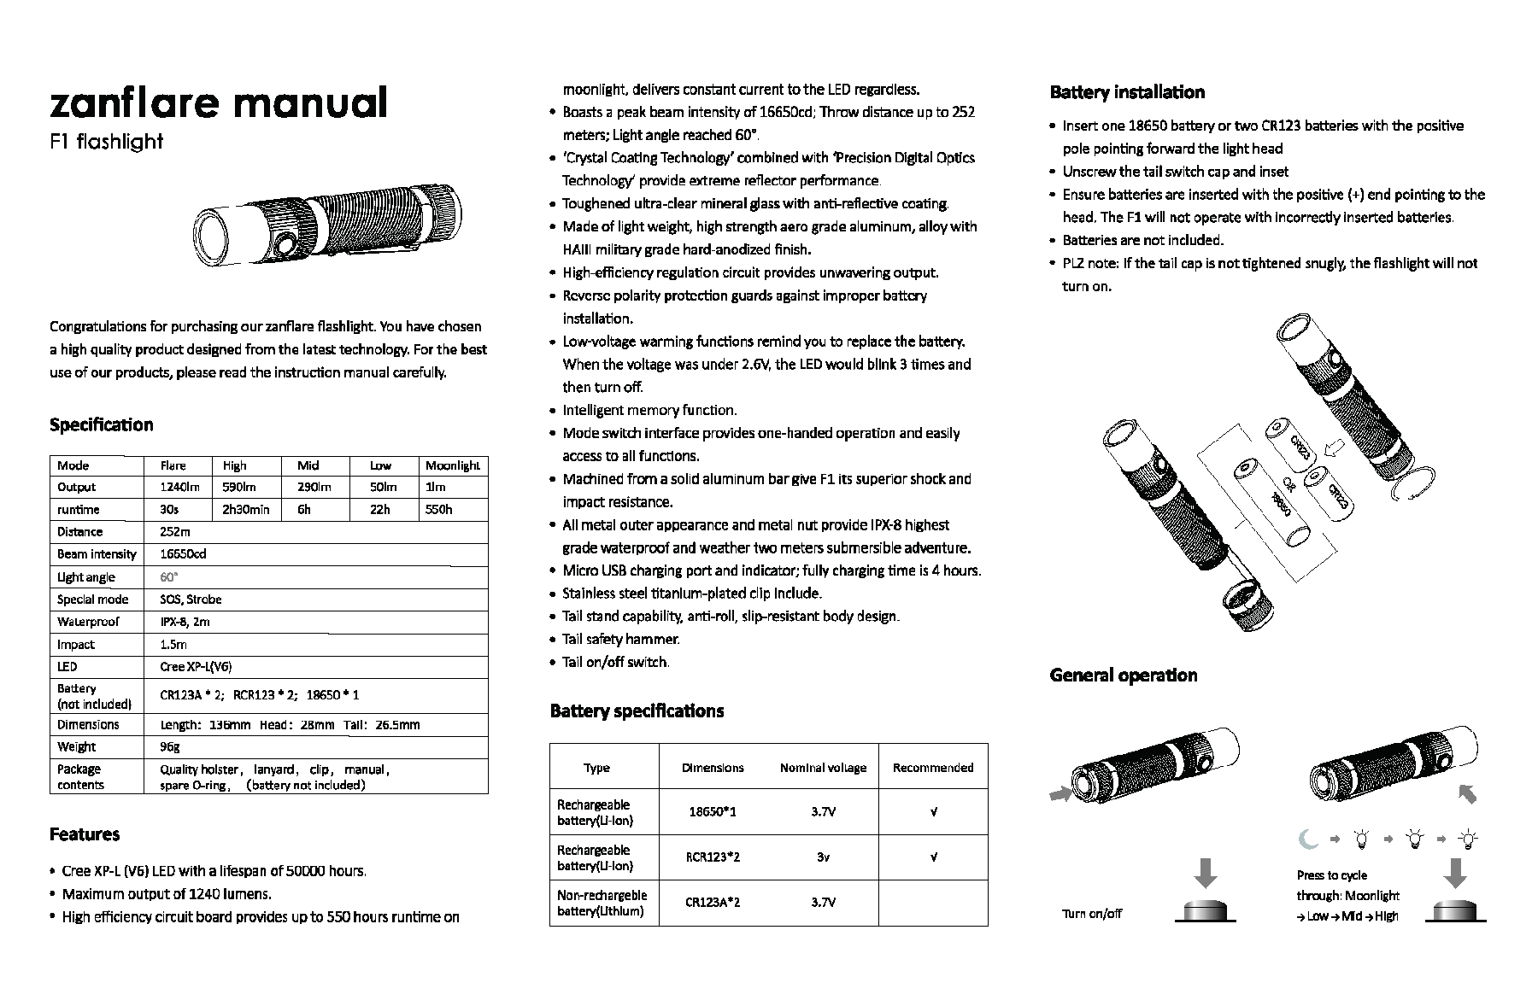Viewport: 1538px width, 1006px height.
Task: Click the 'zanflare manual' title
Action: tap(218, 102)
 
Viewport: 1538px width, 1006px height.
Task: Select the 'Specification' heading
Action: tap(102, 424)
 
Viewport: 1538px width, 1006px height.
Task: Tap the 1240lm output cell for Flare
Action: tap(179, 487)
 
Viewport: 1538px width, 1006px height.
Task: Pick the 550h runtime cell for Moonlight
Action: tap(439, 510)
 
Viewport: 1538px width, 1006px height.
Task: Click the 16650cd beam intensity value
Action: tap(183, 554)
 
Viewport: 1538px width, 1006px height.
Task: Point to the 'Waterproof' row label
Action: tap(88, 622)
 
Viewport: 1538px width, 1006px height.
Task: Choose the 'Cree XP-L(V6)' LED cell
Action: tap(196, 667)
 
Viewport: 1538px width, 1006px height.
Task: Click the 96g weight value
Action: tap(170, 746)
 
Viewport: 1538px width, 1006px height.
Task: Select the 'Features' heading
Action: tap(85, 834)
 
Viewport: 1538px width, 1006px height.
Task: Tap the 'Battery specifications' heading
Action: tap(637, 711)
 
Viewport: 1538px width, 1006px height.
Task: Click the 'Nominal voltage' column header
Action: tap(823, 768)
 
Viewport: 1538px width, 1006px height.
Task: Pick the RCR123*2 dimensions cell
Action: tap(713, 857)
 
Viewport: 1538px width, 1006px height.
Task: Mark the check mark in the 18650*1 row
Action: tap(933, 811)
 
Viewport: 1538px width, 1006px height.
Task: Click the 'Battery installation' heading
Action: tap(1126, 92)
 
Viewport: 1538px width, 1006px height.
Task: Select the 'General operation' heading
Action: tap(1123, 675)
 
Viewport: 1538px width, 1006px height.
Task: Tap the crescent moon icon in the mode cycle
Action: tap(1308, 839)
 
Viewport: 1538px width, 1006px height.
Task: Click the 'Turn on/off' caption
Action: tap(1091, 913)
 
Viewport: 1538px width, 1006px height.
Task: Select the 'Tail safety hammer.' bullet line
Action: tap(620, 639)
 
